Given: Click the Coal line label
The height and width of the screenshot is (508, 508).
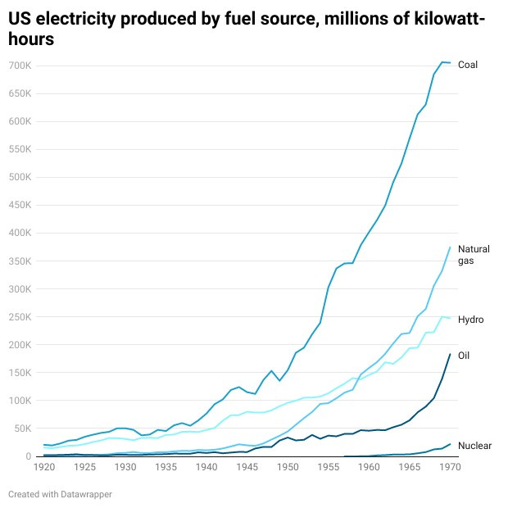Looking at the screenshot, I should click(x=467, y=65).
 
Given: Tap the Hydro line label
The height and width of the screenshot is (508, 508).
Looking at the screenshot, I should click(x=470, y=320).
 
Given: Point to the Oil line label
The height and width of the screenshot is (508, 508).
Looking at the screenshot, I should click(x=463, y=355).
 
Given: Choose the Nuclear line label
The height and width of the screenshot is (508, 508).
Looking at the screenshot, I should click(x=474, y=446).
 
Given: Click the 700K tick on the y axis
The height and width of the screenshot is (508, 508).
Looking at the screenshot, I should click(x=20, y=65).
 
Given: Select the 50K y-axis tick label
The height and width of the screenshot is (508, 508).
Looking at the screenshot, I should click(x=22, y=429).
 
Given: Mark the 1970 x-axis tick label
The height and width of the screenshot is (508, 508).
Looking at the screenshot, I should click(x=449, y=467).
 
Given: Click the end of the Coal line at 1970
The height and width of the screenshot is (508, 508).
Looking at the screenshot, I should click(x=450, y=63).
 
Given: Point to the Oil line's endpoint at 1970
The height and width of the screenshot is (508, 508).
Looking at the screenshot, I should click(x=450, y=354).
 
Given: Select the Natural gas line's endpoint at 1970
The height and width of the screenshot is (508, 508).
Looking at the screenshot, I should click(x=450, y=247).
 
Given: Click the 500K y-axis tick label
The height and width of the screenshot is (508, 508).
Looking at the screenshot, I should click(x=20, y=177).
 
